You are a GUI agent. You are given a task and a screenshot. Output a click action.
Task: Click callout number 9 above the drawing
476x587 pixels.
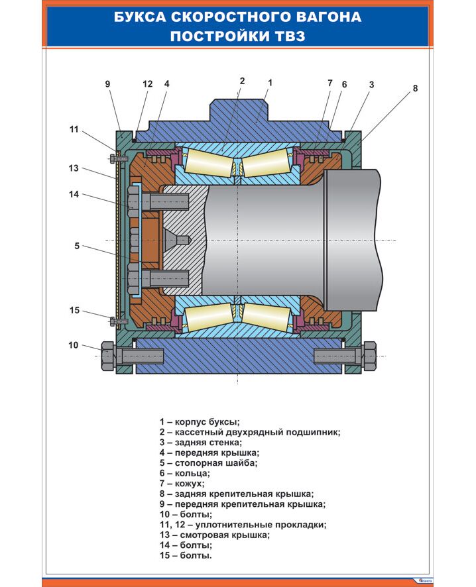tap(107, 84)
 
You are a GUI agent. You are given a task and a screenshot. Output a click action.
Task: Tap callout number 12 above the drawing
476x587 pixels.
tap(147, 84)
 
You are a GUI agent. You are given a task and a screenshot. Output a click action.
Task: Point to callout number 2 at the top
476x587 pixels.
tap(243, 81)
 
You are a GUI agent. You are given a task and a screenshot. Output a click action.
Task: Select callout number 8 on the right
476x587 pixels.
tap(416, 88)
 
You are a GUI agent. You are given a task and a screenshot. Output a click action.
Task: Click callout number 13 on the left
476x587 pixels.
tap(73, 168)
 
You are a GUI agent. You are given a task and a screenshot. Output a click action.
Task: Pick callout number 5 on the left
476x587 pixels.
tap(77, 246)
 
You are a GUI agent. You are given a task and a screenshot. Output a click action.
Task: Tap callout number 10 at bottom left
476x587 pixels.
tap(73, 345)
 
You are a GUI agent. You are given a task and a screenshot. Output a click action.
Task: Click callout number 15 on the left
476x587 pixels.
tap(74, 310)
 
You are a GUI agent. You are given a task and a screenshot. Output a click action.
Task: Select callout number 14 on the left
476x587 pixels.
tap(74, 194)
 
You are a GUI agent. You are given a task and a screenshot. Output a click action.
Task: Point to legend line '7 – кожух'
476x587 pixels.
tap(182, 484)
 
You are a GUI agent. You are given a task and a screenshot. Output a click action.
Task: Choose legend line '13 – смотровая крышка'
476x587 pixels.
tap(214, 535)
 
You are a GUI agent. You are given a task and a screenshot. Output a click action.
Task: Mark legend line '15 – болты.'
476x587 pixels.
tap(186, 556)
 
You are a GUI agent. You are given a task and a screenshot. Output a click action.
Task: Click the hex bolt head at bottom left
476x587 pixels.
tap(107, 356)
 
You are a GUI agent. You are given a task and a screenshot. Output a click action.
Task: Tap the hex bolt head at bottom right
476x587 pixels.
tap(369, 356)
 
